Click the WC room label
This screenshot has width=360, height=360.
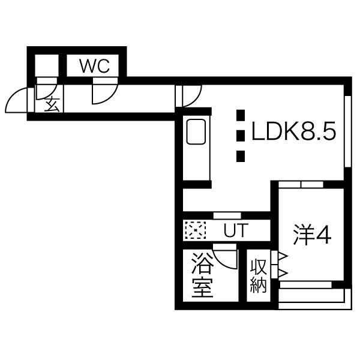point(95,66)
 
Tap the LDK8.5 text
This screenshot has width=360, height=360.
point(294,131)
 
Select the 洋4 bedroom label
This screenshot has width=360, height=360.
point(312,234)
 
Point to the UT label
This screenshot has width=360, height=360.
point(236,230)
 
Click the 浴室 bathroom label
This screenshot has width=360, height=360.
point(202,275)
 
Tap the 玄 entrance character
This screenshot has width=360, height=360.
point(52,104)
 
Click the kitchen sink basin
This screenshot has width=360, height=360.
point(196,132)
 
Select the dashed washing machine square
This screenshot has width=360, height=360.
point(196,230)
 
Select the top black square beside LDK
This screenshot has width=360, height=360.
point(241,115)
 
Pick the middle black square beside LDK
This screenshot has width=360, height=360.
point(241,136)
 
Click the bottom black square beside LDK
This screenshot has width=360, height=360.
point(241,156)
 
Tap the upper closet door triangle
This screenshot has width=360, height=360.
point(283,256)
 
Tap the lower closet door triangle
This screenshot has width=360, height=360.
point(283,273)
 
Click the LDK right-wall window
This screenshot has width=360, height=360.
point(348,131)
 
